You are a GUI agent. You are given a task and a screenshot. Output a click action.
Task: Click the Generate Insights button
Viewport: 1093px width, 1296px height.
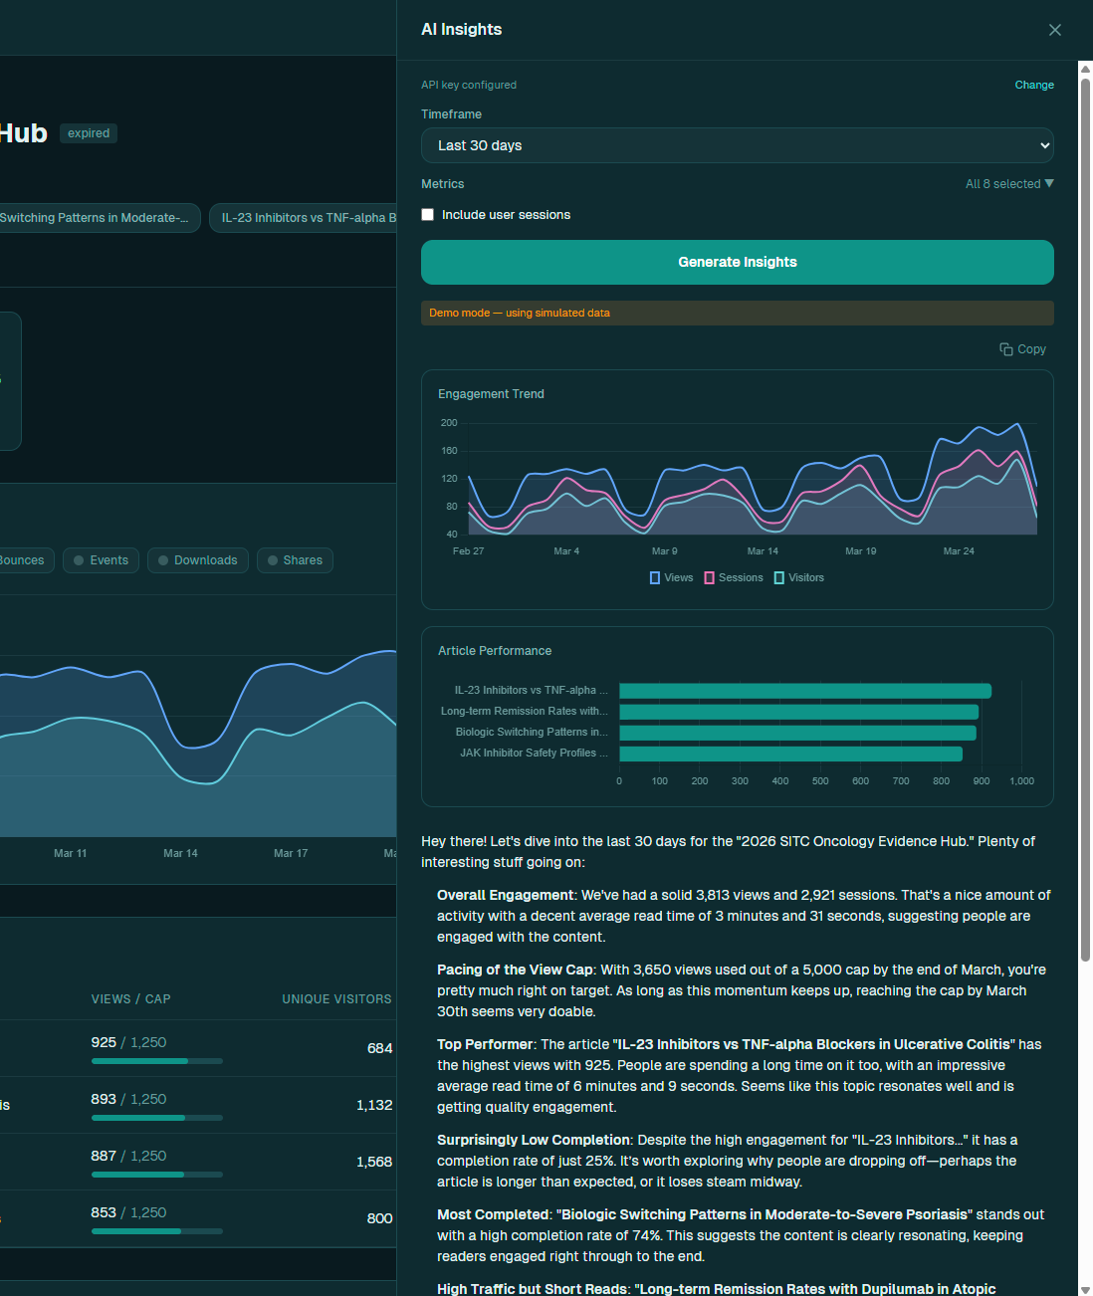pos(737,262)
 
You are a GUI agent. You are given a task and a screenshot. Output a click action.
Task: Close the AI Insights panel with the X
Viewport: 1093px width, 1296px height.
pos(1054,30)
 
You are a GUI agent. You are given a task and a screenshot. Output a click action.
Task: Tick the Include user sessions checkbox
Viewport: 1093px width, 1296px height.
pos(427,215)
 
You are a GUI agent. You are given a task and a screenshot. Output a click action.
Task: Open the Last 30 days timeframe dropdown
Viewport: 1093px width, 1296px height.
pos(737,145)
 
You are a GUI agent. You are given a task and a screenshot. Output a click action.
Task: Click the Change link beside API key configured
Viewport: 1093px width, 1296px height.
pos(1033,85)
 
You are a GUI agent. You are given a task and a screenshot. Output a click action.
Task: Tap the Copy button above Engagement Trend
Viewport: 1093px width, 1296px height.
pos(1022,349)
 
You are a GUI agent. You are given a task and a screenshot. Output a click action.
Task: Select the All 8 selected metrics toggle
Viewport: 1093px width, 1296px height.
pos(1008,184)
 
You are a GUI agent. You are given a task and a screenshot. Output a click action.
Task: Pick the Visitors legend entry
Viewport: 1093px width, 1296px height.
pos(798,578)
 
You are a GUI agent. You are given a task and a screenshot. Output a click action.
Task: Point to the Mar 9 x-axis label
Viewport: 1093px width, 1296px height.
pos(664,551)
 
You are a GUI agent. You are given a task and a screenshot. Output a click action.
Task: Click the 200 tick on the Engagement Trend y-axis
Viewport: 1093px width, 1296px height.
pos(449,423)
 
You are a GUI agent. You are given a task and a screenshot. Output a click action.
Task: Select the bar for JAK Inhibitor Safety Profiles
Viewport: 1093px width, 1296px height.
pos(790,754)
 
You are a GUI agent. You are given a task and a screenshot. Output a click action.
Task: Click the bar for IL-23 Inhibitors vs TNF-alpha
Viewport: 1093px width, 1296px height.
pos(805,691)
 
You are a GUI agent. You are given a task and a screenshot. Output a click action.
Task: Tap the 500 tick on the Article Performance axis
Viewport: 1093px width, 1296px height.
pos(820,780)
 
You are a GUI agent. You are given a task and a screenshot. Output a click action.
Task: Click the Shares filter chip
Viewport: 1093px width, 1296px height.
pos(295,560)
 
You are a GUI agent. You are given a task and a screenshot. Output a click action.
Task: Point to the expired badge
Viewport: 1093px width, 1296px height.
pos(89,133)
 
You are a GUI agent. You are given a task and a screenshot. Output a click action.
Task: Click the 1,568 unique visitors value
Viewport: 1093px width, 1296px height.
pos(373,1162)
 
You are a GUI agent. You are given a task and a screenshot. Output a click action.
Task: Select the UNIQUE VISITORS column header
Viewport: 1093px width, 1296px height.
pos(336,998)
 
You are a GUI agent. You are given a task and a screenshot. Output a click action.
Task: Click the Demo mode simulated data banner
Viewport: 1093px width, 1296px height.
pos(737,313)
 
